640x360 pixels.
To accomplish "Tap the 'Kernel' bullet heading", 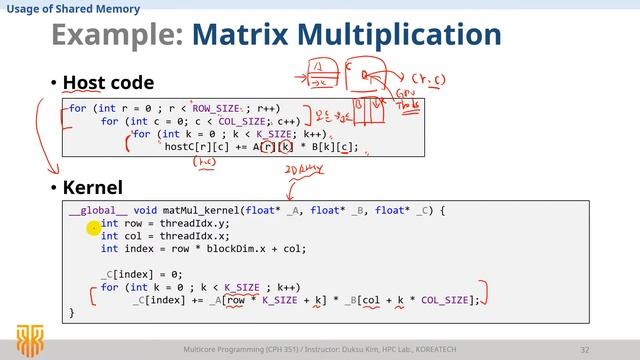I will pos(91,187).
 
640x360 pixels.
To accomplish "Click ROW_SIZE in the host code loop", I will pos(219,108).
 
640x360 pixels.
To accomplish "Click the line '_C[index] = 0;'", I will pos(136,274).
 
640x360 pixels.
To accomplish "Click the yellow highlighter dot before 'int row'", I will pos(92,228).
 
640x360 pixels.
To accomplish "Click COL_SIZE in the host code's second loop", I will pos(239,121).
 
